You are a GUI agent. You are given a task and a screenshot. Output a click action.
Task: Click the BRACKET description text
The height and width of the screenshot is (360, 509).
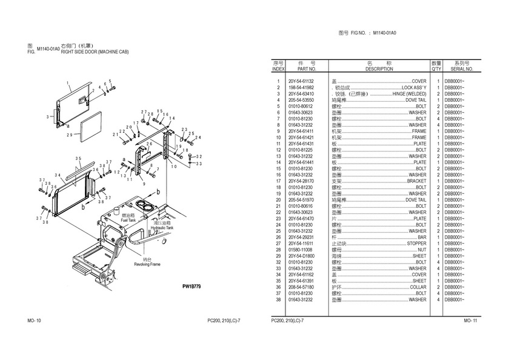click(416, 181)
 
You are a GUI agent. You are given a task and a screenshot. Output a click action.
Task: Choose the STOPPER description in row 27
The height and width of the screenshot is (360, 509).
click(416, 244)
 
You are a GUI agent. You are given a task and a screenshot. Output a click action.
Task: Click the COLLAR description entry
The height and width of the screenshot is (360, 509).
click(418, 287)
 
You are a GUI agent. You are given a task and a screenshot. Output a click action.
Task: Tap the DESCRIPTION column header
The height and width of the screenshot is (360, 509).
click(379, 70)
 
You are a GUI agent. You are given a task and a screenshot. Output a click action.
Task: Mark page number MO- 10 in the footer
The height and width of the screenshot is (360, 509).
click(34, 320)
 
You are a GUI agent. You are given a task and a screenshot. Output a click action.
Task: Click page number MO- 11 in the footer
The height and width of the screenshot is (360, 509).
click(471, 320)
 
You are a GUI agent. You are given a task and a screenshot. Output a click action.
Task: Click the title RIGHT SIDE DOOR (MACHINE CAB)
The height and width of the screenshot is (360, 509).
click(95, 52)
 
